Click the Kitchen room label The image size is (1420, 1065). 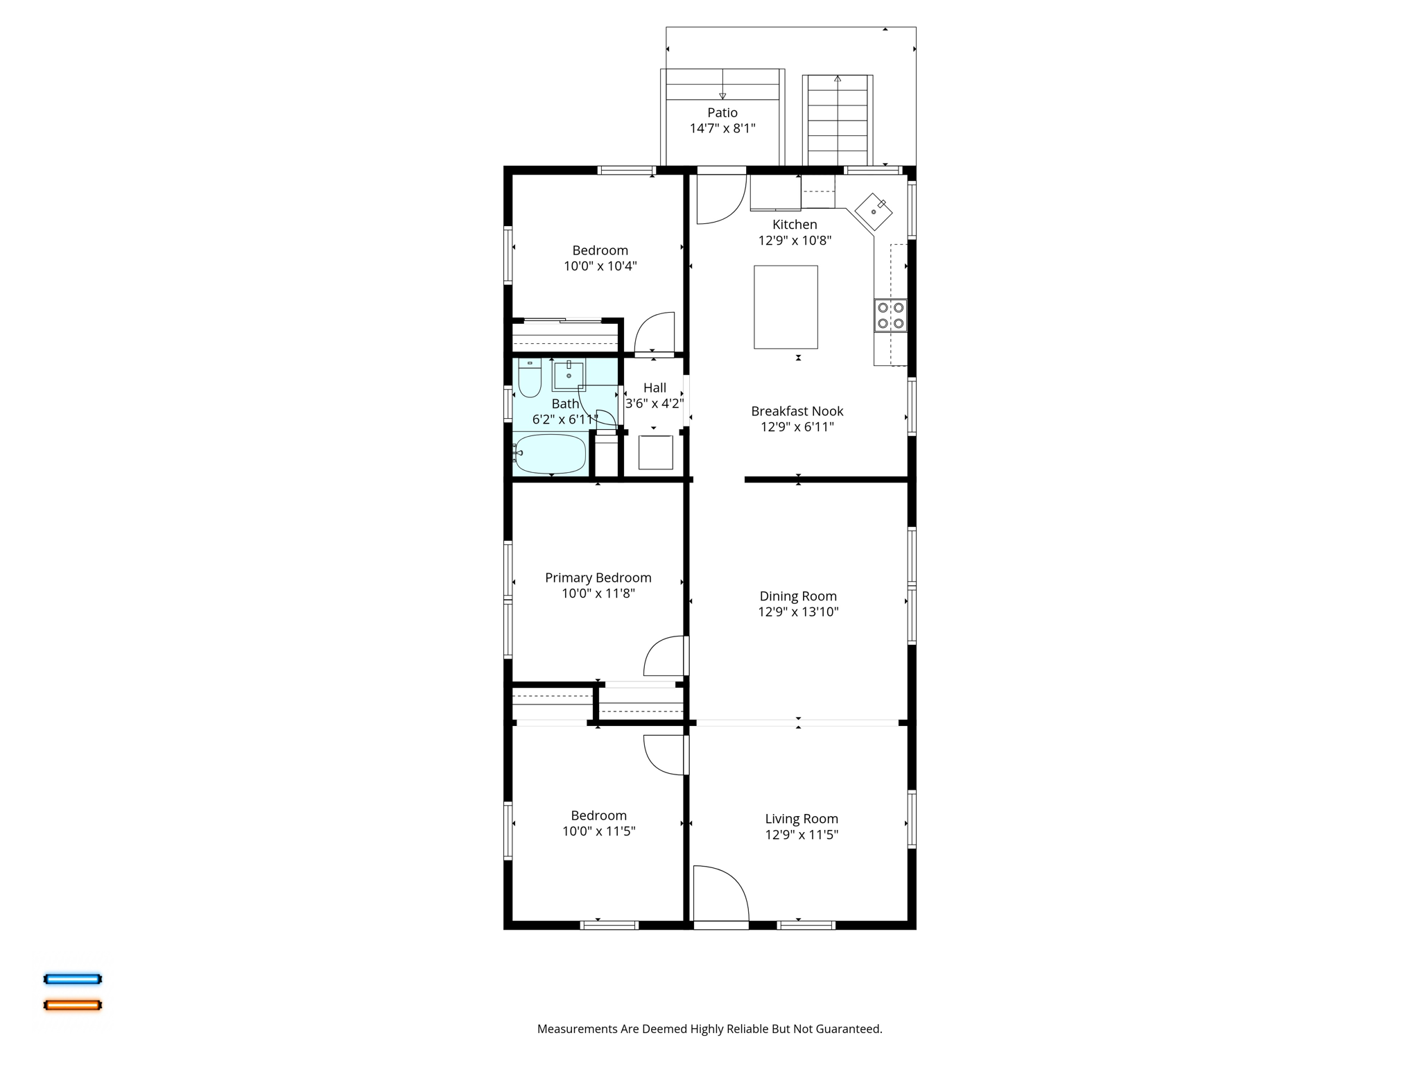point(795,225)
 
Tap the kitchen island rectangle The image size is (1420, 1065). point(786,307)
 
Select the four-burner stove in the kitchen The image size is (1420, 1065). point(890,315)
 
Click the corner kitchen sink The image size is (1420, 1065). point(874,211)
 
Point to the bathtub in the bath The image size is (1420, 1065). point(551,454)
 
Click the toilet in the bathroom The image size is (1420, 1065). point(530,379)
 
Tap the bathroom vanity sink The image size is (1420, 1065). point(569,375)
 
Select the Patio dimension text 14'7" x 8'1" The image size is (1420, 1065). point(722,128)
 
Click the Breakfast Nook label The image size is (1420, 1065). point(797,411)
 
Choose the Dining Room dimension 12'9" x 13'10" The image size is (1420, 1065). point(798,612)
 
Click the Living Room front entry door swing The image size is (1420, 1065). point(720,893)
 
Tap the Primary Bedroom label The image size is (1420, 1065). point(598,578)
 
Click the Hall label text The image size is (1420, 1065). point(655,388)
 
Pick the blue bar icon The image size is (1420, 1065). point(73,979)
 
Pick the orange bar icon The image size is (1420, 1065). point(73,1005)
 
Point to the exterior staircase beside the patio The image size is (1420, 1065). point(838,120)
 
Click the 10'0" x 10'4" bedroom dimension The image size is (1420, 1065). point(600,266)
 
